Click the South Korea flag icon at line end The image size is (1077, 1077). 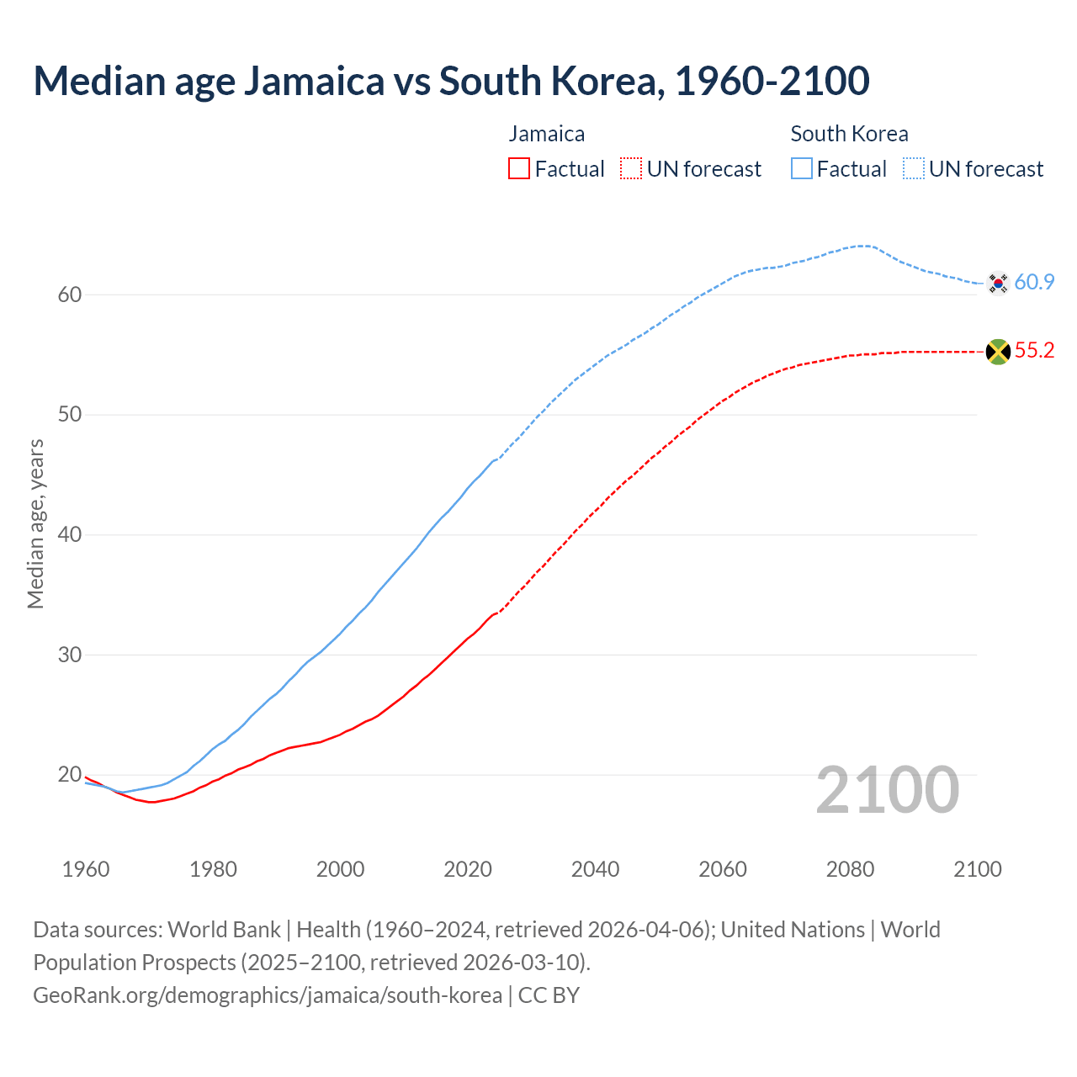[x=998, y=283]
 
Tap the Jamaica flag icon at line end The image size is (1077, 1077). [x=998, y=352]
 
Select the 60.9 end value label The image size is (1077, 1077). [x=1034, y=283]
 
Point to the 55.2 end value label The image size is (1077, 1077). [x=1034, y=351]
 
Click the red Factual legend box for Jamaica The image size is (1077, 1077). [x=519, y=169]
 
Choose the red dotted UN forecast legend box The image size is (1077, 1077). [x=631, y=169]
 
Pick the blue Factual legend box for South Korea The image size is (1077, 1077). [x=802, y=169]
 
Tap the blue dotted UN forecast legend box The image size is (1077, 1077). [x=914, y=169]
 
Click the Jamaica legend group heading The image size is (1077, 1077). [x=546, y=134]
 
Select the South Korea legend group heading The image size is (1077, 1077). [x=849, y=134]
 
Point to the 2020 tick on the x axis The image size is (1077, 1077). [x=468, y=869]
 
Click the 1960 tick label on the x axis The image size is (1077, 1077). [x=86, y=869]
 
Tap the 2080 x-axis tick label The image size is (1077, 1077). [x=850, y=869]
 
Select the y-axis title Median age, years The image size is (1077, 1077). [x=35, y=523]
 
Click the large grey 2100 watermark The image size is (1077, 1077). [x=888, y=789]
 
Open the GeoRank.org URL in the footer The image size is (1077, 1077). [x=268, y=995]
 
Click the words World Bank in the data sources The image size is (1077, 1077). [x=224, y=930]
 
